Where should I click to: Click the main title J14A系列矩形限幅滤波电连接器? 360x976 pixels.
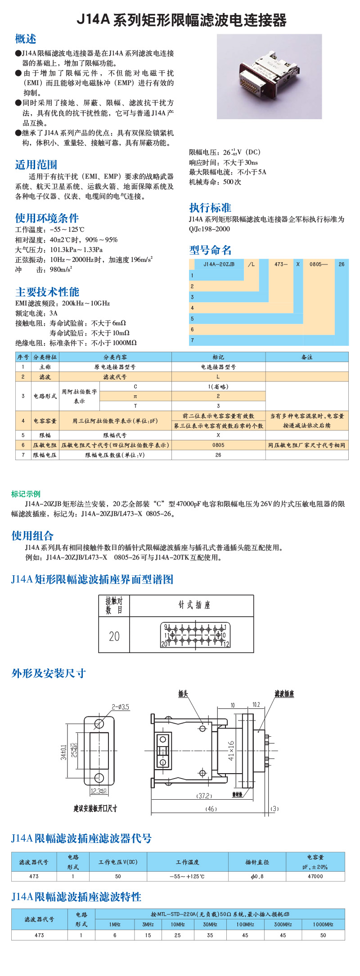click(181, 20)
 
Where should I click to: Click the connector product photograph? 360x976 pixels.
click(269, 76)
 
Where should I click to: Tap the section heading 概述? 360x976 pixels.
click(26, 39)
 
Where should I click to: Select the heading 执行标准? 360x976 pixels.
click(210, 208)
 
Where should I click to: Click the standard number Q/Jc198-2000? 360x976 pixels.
click(209, 229)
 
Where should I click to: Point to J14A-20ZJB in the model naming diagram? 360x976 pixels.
click(219, 264)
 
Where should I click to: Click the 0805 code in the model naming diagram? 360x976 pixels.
click(315, 264)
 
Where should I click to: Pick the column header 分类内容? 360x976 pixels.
click(115, 357)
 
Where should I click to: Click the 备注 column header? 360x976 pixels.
click(307, 357)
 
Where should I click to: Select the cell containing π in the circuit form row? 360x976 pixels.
click(135, 396)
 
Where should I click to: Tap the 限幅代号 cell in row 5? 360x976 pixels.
click(115, 435)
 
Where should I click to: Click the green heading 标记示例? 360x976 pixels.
click(26, 494)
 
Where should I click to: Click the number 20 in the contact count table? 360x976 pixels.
click(114, 636)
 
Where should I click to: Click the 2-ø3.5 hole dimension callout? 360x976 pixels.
click(121, 707)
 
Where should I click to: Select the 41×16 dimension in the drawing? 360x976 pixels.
click(231, 751)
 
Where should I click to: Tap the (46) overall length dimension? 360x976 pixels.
click(211, 809)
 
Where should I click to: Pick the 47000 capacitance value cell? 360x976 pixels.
click(315, 876)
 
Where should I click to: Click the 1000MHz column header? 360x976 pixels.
click(323, 925)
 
